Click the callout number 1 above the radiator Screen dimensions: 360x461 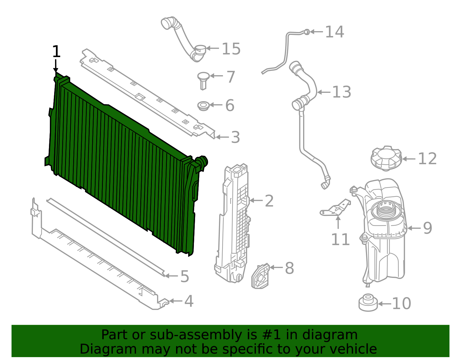[x=56, y=52]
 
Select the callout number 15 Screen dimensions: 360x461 [x=231, y=49]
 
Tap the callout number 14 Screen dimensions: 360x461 [x=335, y=32]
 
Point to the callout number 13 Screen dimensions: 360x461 [x=341, y=92]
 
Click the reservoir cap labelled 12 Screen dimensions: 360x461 [x=386, y=158]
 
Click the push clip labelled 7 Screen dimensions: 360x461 [x=203, y=80]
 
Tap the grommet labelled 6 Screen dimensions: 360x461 [x=203, y=106]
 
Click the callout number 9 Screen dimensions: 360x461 [x=428, y=228]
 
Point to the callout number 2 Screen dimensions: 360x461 [x=269, y=201]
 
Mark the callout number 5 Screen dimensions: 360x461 [x=185, y=276]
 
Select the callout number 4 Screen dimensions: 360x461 [x=189, y=301]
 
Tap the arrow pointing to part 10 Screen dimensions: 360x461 [x=384, y=304]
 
